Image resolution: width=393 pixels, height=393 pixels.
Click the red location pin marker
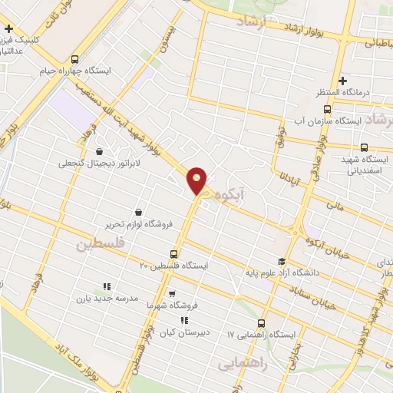click(197, 180)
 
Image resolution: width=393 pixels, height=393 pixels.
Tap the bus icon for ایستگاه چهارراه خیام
click(74, 58)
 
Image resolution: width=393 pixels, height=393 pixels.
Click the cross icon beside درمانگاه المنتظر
click(343, 80)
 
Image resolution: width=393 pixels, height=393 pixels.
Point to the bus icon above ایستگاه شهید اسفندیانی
click(364, 147)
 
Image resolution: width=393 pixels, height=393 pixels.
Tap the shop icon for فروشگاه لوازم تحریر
click(138, 212)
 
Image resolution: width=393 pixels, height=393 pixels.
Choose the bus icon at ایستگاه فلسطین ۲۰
click(173, 253)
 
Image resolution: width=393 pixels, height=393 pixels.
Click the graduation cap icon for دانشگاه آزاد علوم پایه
click(282, 262)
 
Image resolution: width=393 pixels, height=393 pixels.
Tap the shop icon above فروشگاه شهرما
click(172, 293)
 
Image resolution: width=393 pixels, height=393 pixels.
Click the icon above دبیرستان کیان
click(183, 320)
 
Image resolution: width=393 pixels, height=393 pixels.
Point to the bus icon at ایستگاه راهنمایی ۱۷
click(262, 323)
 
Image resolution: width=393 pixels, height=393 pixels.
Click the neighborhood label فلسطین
click(99, 244)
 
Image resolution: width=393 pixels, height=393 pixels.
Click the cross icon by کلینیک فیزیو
click(8, 29)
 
